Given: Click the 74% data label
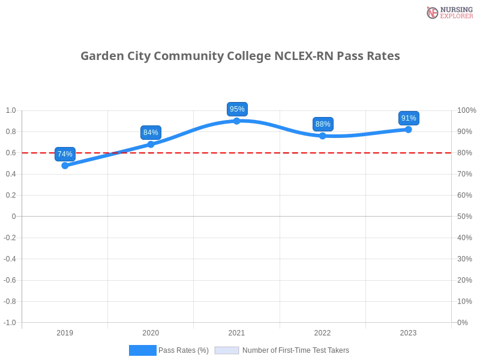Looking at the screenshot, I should click(65, 154).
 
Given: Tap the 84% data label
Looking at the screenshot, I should click(151, 133).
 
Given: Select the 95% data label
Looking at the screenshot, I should click(237, 109).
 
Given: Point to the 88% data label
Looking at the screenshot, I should click(323, 124).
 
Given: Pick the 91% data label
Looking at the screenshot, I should click(409, 118).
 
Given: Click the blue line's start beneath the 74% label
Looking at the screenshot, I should click(65, 166).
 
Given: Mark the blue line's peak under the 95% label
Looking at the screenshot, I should click(237, 121).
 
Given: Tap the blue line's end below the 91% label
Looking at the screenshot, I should click(409, 129).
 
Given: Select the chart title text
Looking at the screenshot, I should click(240, 57).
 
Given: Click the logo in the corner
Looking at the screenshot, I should click(448, 13).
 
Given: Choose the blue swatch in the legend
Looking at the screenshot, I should click(143, 350).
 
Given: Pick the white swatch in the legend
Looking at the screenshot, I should click(227, 350).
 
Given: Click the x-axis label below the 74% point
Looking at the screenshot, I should click(65, 331).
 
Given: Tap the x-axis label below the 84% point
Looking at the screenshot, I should click(151, 331).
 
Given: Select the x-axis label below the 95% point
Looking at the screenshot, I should click(236, 331).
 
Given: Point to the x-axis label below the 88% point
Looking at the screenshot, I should click(322, 331).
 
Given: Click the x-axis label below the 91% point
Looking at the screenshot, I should click(408, 331).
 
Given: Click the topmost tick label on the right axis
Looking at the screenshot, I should click(466, 110).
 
